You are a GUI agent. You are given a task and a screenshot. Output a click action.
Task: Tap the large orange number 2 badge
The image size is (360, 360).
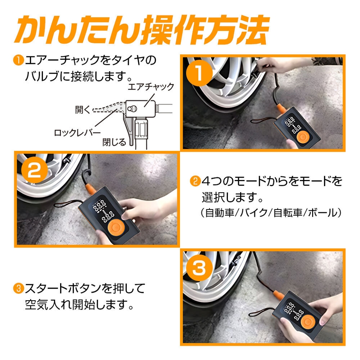coord(35,171)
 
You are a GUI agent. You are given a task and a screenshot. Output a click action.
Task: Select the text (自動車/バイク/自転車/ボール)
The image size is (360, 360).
coord(270,213)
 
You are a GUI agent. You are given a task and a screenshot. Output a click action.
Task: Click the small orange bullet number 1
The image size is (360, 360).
coord(18,60)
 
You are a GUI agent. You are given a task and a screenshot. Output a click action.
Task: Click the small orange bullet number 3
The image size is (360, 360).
coord(18,288)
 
